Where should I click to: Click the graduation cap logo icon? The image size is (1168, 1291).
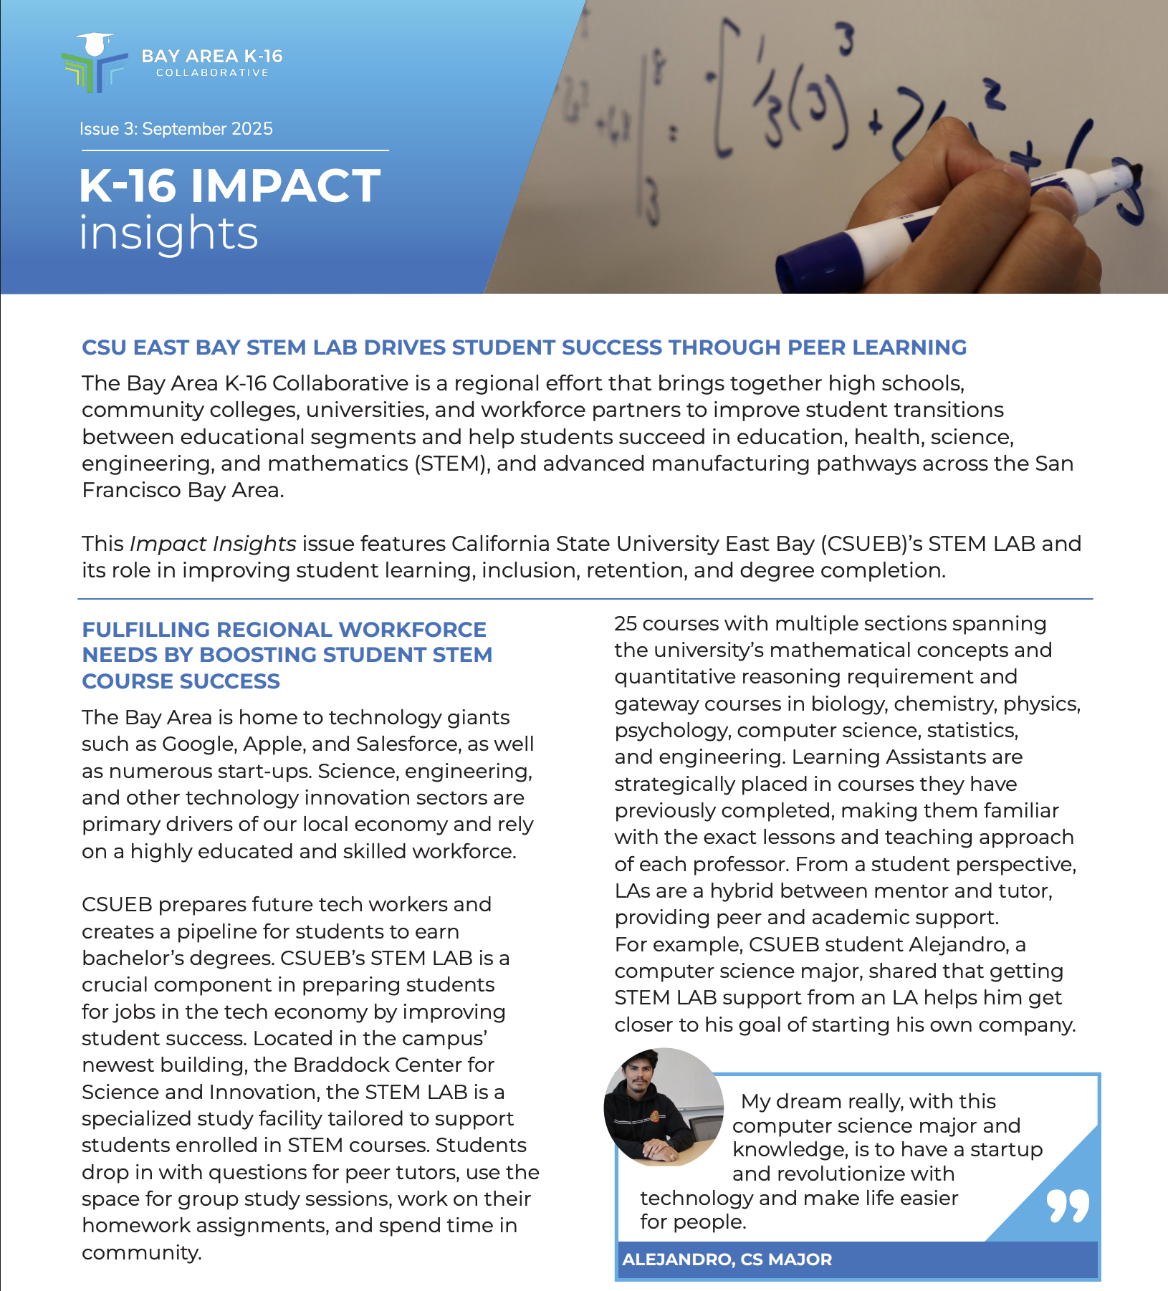tap(94, 62)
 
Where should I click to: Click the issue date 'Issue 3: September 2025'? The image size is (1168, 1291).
tap(176, 129)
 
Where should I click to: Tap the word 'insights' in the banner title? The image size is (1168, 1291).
tap(168, 234)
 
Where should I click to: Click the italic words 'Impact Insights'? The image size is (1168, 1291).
tap(213, 544)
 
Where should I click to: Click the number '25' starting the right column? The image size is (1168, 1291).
tap(625, 623)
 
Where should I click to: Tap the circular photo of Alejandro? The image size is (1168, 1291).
tap(664, 1108)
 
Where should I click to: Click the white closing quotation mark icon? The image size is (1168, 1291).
tap(1067, 1206)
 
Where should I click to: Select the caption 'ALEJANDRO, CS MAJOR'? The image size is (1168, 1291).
tap(727, 1259)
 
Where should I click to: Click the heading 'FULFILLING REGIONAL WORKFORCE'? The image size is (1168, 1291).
tap(284, 629)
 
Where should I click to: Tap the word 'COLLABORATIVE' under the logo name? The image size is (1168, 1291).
tap(212, 72)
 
